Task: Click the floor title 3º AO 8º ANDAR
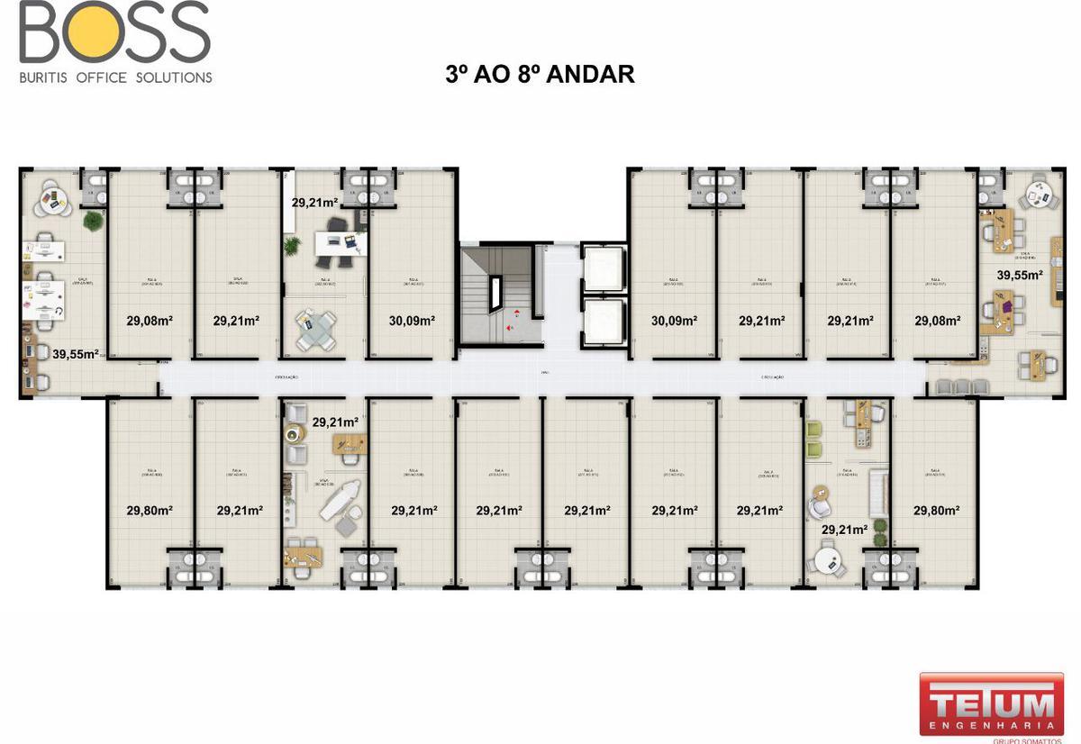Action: pos(540,74)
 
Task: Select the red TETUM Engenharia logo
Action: pos(990,704)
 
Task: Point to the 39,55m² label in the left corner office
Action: pos(75,354)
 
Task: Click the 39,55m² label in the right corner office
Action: pos(1019,275)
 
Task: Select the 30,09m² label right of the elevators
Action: pos(674,320)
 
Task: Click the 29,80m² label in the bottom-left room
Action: pos(150,510)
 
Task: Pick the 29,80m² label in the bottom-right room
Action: pos(936,510)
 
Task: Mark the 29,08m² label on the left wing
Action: pos(150,320)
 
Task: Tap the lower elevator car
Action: pos(604,321)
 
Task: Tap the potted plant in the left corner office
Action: pos(92,219)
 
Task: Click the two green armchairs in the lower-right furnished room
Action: pos(815,440)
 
